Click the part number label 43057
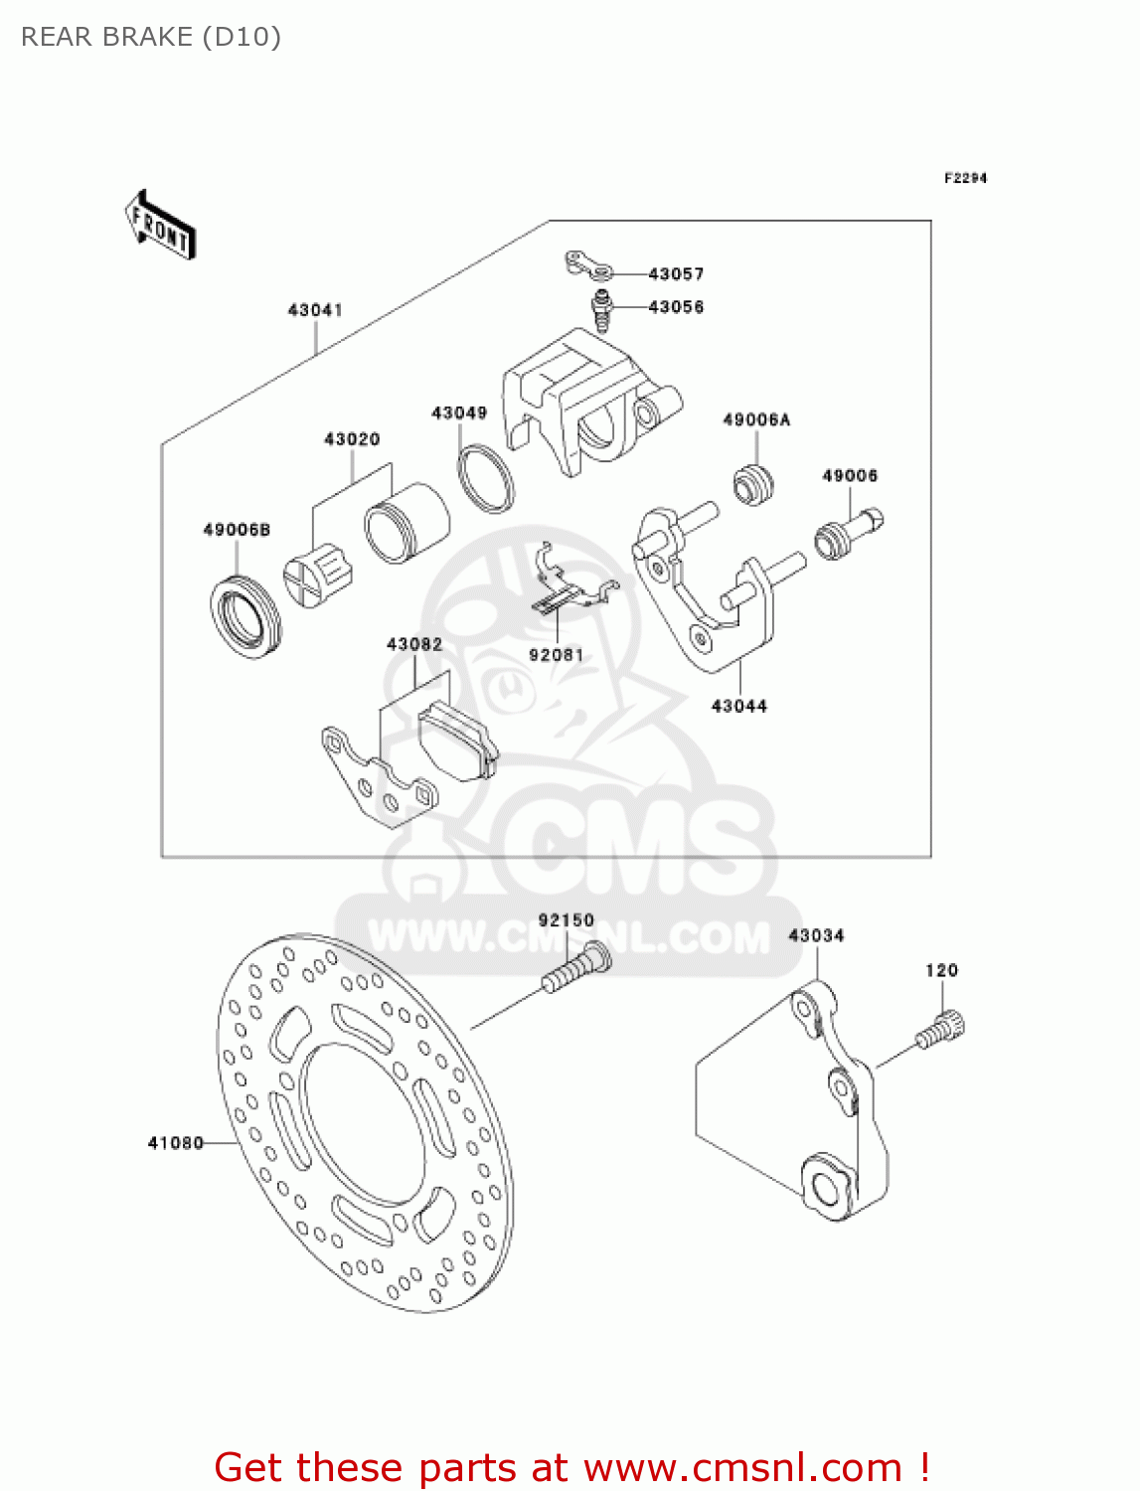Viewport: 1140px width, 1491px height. [676, 273]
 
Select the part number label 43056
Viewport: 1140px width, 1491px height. [676, 307]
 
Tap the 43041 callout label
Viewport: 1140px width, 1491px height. [315, 310]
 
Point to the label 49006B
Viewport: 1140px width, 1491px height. [237, 530]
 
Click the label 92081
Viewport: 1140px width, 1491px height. [557, 655]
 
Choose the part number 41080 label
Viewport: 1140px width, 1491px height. [175, 1143]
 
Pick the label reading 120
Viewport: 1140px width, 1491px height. [941, 970]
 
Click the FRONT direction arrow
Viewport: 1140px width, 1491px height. [160, 226]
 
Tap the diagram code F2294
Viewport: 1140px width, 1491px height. [965, 178]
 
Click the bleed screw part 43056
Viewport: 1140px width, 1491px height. [601, 310]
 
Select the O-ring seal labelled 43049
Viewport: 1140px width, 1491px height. [486, 479]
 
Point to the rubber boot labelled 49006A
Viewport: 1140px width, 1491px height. [753, 484]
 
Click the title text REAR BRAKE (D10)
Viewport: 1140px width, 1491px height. [151, 37]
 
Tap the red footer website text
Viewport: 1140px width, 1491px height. [571, 1467]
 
